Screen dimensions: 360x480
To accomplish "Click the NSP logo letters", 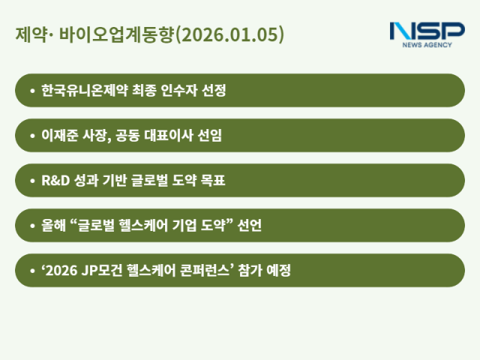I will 427,31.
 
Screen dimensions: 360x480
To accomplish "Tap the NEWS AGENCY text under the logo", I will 427,46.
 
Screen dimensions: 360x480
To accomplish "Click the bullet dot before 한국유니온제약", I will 31,91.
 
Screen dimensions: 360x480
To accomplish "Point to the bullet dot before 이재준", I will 31,136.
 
